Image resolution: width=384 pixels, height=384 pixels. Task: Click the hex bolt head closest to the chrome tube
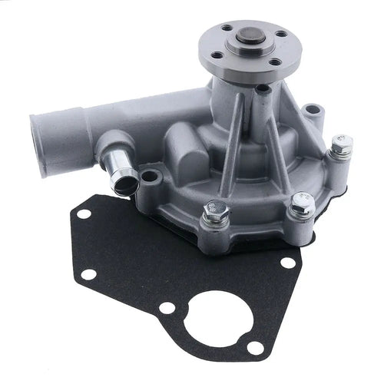tap(217, 209)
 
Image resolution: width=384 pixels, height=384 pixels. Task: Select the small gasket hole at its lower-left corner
tap(91, 273)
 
